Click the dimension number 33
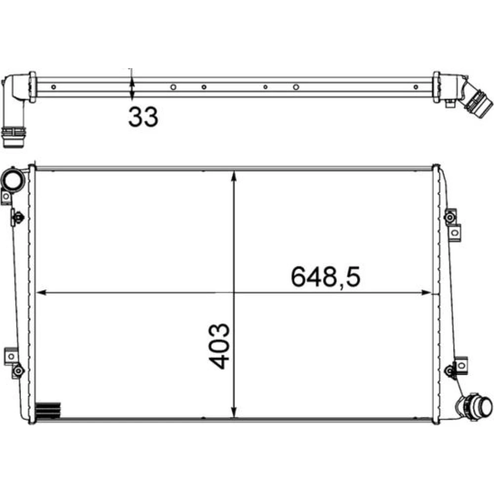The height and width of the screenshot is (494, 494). click(x=143, y=117)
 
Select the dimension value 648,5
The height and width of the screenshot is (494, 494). click(x=326, y=277)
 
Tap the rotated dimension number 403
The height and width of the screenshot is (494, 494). click(x=219, y=346)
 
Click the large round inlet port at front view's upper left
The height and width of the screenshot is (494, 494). click(x=13, y=180)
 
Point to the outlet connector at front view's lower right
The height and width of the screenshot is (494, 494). click(x=476, y=407)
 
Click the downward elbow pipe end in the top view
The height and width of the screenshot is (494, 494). click(x=13, y=137)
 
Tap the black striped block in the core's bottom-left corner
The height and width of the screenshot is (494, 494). click(x=48, y=410)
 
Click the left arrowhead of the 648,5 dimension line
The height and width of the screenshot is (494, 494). click(x=41, y=292)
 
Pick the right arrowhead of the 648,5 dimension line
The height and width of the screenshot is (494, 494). click(x=426, y=292)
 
